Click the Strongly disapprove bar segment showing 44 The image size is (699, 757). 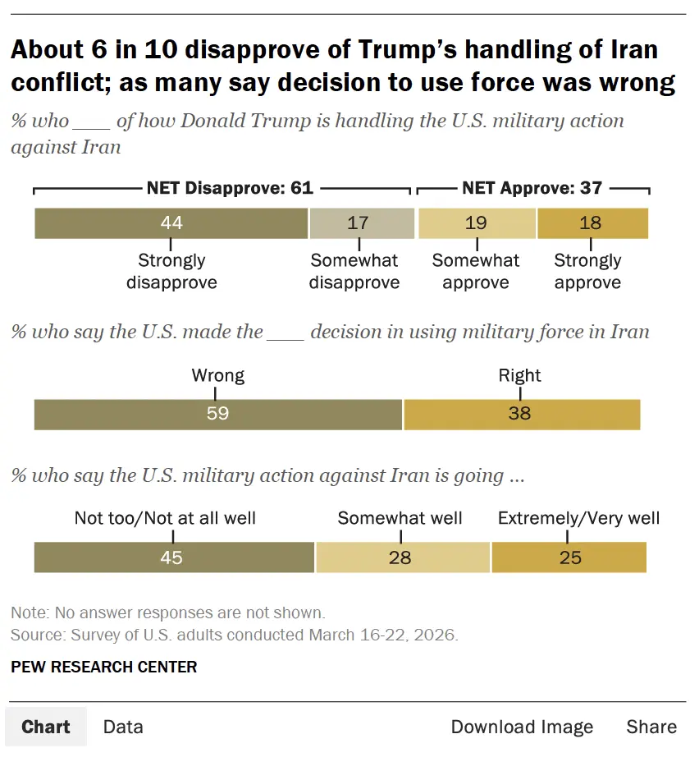coord(171,223)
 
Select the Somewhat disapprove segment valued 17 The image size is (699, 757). coord(361,223)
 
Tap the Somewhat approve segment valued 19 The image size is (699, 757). coord(477,223)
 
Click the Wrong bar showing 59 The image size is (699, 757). coord(218,414)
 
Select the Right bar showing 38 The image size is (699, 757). coord(521,414)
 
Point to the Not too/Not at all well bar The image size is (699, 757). coord(174,557)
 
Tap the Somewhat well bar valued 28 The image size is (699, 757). coord(403,557)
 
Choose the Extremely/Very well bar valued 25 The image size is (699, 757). coord(569,557)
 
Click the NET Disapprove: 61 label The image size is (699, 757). coord(230,188)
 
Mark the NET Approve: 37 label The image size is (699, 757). coord(532,188)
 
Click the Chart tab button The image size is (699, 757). coord(46,727)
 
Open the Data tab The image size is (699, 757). coord(123,727)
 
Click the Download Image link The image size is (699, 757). coord(522,727)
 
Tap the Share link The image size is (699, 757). coord(651,727)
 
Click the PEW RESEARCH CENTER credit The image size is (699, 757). coord(104,667)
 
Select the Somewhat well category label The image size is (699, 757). coord(400,518)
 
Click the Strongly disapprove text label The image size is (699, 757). coord(171,272)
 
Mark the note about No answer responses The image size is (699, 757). coord(168,612)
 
